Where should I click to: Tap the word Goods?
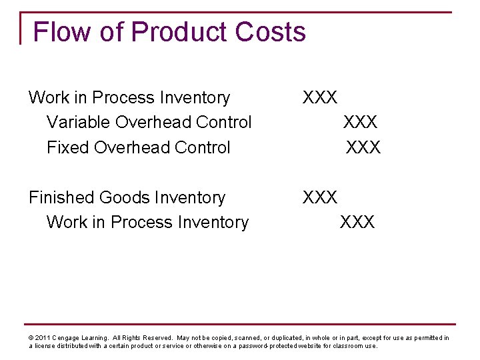127,197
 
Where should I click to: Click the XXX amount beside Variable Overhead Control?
360,123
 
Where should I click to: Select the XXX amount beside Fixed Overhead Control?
363,147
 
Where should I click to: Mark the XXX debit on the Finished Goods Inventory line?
320,197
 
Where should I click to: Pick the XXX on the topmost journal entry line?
320,98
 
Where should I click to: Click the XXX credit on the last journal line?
357,222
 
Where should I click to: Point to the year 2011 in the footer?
42,338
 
